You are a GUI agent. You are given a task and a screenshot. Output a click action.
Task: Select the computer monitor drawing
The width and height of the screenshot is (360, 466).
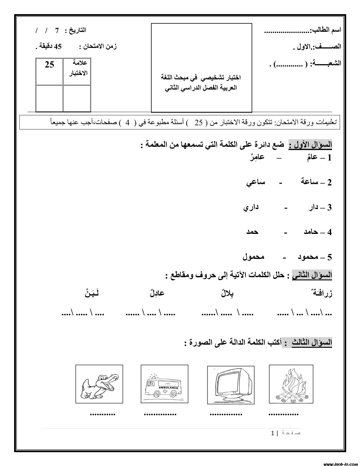pos(230,384)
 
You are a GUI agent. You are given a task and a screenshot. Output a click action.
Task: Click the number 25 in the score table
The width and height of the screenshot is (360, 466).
pos(49,65)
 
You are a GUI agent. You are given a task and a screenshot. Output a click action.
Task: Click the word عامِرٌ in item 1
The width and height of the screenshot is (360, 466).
pos(257,157)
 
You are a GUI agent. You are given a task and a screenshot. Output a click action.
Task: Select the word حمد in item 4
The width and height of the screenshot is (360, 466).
pos(252,232)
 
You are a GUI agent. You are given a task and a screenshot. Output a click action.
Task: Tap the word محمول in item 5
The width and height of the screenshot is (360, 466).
pos(253,257)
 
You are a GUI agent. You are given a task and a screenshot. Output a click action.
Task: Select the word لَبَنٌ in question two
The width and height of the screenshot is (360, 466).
pos(90,293)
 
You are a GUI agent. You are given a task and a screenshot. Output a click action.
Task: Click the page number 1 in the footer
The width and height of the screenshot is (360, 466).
pos(273,433)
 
